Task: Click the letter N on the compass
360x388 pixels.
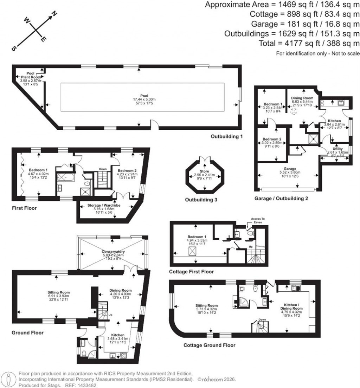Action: (54, 14)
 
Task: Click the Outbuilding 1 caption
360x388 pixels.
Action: (227, 136)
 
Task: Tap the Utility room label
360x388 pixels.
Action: (337, 149)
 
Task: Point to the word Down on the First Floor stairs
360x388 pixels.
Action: (102, 169)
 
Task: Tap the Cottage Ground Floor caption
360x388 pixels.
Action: (209, 345)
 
